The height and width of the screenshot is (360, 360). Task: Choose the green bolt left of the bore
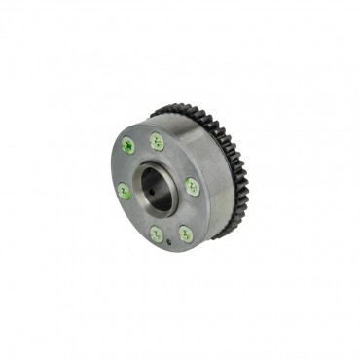[124, 192]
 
